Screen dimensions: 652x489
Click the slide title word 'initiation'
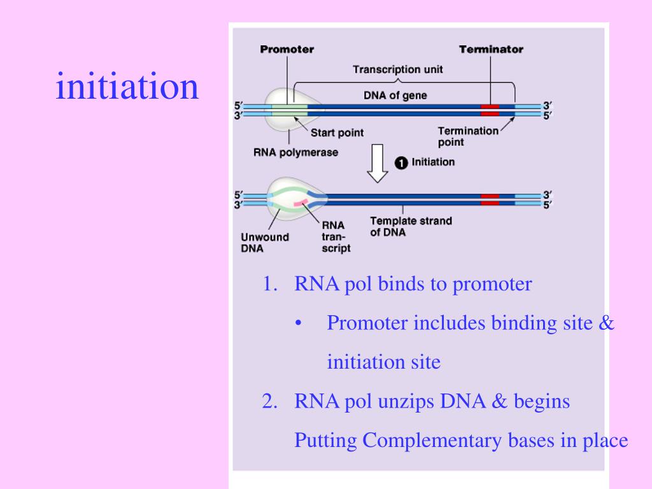(127, 86)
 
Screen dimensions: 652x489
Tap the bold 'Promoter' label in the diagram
(287, 49)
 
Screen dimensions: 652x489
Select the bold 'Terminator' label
(491, 49)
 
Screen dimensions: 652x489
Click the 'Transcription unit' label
(398, 69)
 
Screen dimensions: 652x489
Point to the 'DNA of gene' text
(395, 96)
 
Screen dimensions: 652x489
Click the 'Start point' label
(337, 132)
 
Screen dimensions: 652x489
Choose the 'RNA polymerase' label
(295, 153)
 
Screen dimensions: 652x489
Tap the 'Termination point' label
(468, 136)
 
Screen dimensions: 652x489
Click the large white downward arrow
(377, 164)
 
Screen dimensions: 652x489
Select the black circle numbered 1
(401, 162)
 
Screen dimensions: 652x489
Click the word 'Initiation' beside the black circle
(433, 162)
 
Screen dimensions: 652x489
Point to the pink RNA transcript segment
(301, 202)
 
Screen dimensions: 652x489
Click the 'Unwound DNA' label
(265, 243)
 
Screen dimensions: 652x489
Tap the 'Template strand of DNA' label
(411, 227)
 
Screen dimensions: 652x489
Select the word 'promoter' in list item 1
(492, 285)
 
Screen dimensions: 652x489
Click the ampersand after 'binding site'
(606, 323)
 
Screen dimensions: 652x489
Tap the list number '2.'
(270, 402)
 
